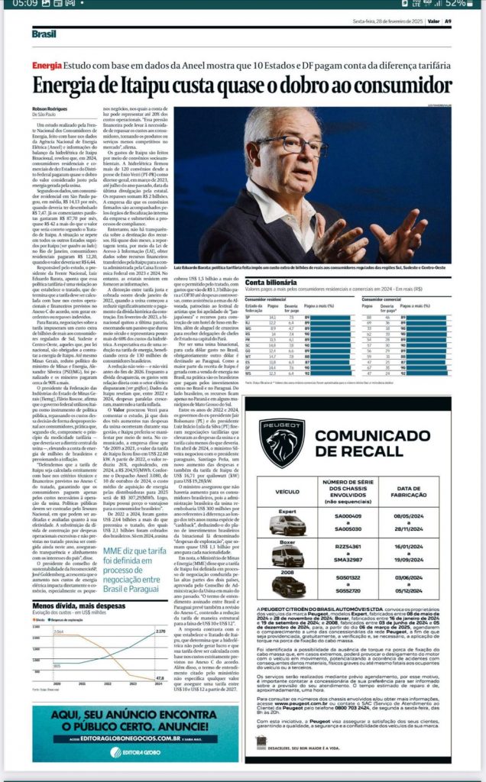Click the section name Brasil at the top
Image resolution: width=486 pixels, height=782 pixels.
click(44, 33)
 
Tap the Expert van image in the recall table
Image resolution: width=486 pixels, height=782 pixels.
click(287, 525)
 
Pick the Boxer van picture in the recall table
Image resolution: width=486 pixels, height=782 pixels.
click(287, 556)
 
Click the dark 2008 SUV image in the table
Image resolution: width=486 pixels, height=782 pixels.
click(287, 586)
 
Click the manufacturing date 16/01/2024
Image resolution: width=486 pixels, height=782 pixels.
click(419, 547)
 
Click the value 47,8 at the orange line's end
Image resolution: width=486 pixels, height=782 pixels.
click(159, 677)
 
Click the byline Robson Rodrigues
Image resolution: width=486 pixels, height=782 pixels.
click(53, 110)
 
